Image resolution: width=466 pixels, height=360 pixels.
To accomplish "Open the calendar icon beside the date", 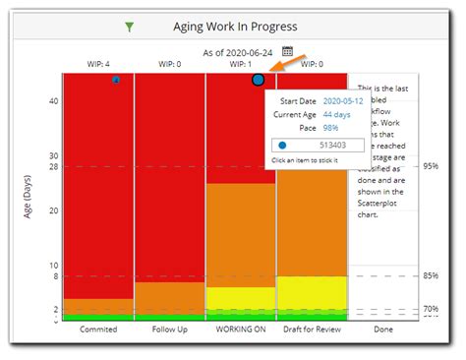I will [x=288, y=50].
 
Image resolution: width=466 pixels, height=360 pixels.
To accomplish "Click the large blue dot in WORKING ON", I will [x=258, y=79].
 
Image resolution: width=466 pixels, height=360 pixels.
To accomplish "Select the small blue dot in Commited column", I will [x=116, y=79].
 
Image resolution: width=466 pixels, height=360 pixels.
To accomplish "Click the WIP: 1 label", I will [x=241, y=64].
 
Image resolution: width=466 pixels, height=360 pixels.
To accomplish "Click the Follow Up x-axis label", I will [x=169, y=330].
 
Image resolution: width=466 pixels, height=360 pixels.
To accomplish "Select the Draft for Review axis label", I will [x=312, y=330].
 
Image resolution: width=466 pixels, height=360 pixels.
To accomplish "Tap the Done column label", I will [x=382, y=330].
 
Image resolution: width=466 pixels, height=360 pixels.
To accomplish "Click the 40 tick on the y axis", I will [x=53, y=100].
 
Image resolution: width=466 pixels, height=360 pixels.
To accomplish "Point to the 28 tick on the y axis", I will [x=53, y=167].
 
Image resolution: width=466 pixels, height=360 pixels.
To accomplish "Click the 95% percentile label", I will [x=431, y=167].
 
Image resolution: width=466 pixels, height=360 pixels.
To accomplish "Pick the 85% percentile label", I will [x=431, y=275].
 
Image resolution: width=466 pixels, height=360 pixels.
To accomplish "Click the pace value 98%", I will [x=332, y=129].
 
